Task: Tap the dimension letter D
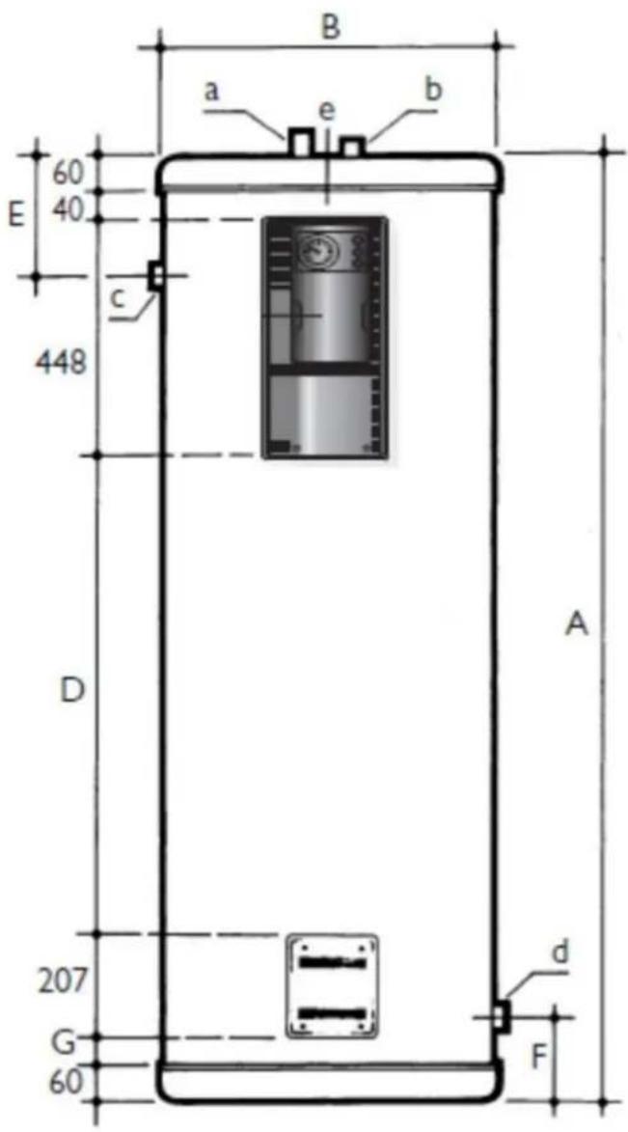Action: [73, 692]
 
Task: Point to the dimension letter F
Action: [538, 1057]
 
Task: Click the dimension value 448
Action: [61, 363]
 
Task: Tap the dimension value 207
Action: [63, 981]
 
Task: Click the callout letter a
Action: [211, 91]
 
